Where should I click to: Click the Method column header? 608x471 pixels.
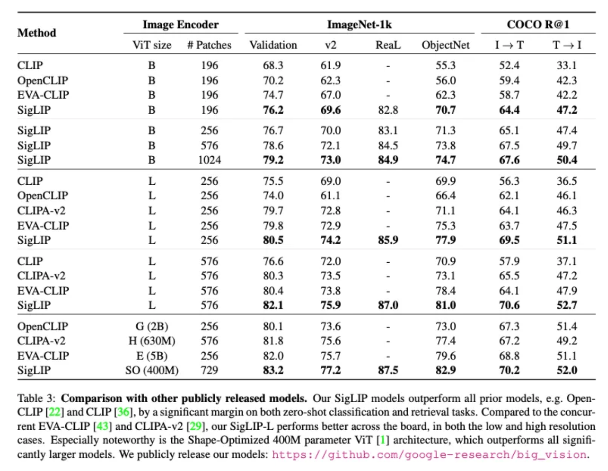tap(37, 33)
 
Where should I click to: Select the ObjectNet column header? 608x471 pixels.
tap(445, 45)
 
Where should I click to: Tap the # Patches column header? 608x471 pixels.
tap(209, 45)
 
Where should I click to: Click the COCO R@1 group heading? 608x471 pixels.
tap(538, 24)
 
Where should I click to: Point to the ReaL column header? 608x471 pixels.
tap(388, 45)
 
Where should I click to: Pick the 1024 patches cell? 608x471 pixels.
tap(210, 160)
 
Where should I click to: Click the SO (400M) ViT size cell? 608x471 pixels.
tap(152, 370)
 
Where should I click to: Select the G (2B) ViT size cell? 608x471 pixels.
tap(152, 327)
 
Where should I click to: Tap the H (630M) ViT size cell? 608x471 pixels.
tap(152, 341)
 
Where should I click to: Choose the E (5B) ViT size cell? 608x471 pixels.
tap(152, 356)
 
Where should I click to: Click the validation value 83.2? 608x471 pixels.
tap(273, 370)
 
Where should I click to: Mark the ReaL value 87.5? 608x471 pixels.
tap(388, 370)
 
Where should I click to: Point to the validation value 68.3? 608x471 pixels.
tap(273, 66)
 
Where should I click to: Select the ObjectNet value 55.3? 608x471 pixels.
tap(445, 66)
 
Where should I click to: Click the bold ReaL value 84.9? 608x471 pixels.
tap(388, 160)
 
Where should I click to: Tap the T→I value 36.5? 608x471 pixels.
tap(567, 181)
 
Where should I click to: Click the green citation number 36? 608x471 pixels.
tap(123, 412)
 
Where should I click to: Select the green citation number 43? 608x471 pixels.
tap(102, 426)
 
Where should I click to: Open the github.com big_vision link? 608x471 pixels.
tap(429, 455)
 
